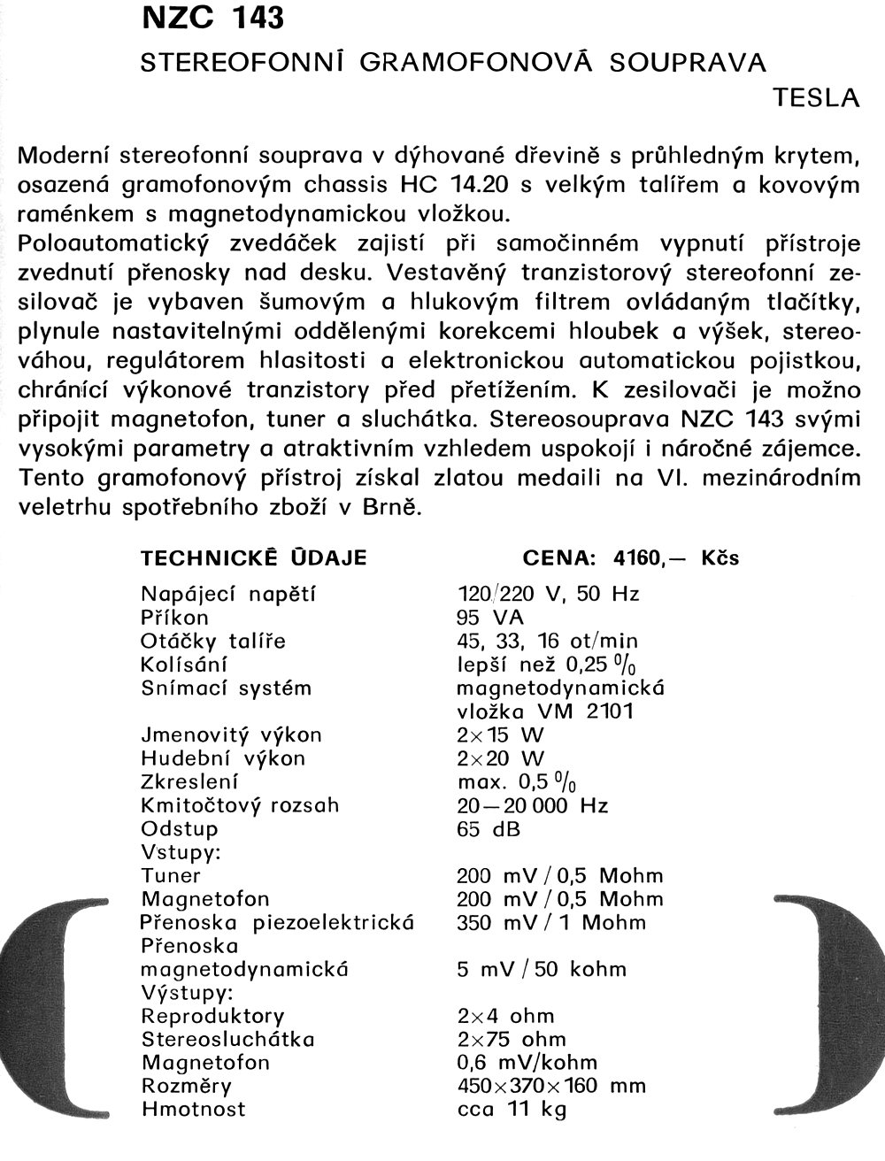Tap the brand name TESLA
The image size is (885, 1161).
[817, 98]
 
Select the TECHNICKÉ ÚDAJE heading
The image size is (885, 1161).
[254, 558]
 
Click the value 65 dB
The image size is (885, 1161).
[489, 829]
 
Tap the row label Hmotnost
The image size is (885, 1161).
[194, 1109]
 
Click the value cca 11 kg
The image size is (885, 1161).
[512, 1109]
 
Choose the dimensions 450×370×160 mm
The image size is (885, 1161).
[551, 1086]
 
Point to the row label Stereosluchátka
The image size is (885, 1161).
[228, 1039]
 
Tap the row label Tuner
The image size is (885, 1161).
[171, 876]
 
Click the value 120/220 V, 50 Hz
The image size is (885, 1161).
[549, 594]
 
